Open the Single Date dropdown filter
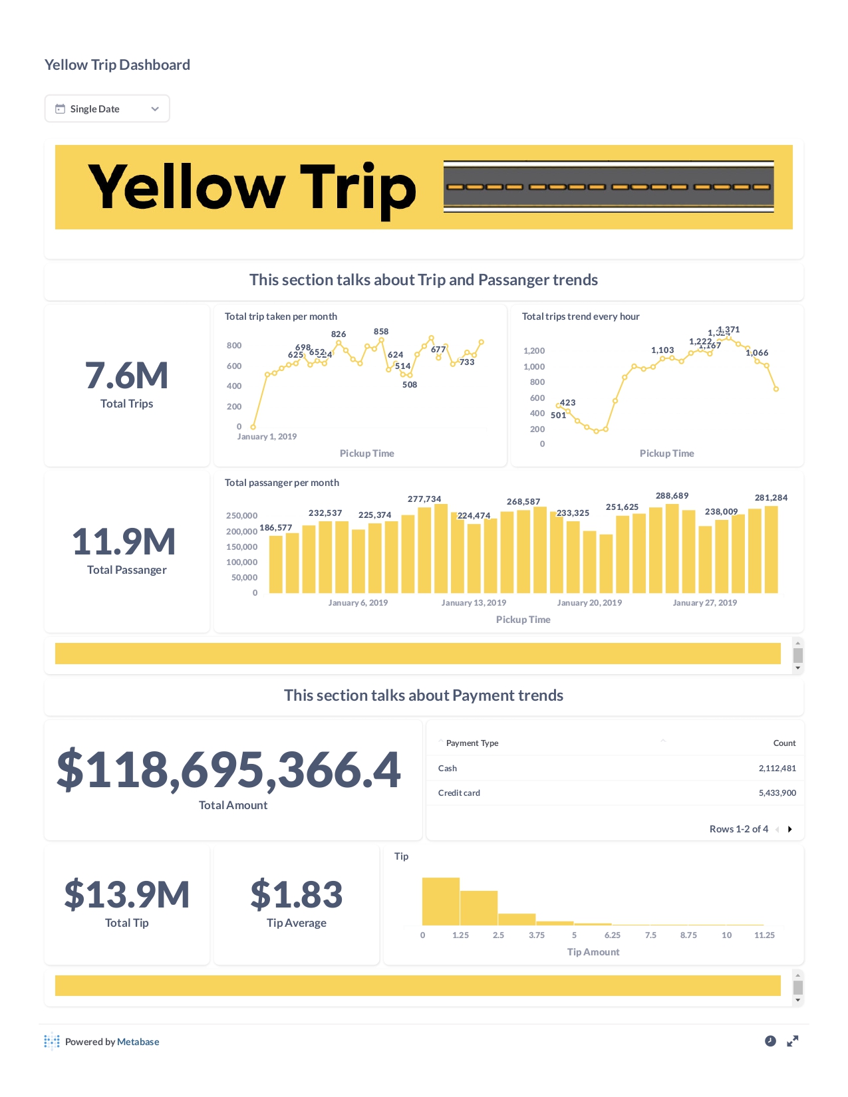(107, 109)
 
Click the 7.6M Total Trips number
(126, 376)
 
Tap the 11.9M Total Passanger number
(124, 542)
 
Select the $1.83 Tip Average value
(297, 894)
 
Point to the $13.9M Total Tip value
(127, 894)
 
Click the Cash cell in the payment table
(448, 769)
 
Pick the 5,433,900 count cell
(777, 793)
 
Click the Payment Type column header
(472, 743)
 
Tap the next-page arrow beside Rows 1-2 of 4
(790, 829)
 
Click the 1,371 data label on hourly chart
(730, 329)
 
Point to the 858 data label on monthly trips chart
(381, 331)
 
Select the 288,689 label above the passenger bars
(672, 496)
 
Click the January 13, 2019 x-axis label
(474, 603)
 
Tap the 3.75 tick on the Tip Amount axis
(537, 935)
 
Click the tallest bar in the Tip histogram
(441, 902)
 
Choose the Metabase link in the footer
(138, 1042)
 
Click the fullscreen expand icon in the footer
(792, 1041)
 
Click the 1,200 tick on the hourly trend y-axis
(534, 351)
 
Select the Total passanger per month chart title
(282, 483)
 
